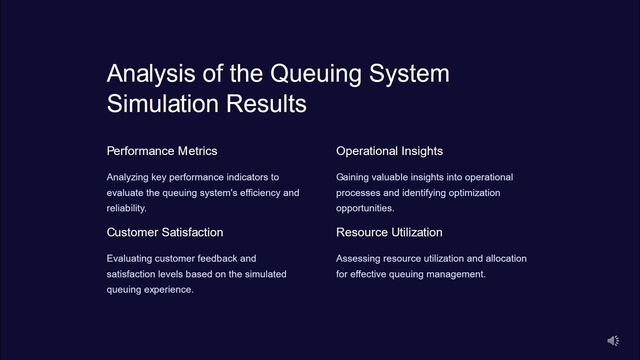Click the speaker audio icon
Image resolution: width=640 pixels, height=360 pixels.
(x=613, y=341)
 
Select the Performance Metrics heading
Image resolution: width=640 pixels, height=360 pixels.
(x=162, y=151)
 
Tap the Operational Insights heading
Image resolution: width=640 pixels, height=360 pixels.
(x=389, y=151)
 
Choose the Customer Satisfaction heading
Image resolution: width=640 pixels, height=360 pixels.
(x=165, y=232)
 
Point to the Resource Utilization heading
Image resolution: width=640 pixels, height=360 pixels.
(x=389, y=232)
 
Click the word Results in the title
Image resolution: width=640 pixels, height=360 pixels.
(x=266, y=103)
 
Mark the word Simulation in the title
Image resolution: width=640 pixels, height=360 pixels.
(x=162, y=103)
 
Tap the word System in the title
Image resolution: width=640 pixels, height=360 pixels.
(x=409, y=73)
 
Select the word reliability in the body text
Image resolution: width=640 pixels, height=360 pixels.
(x=125, y=208)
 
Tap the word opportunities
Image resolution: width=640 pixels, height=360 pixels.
(x=364, y=208)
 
